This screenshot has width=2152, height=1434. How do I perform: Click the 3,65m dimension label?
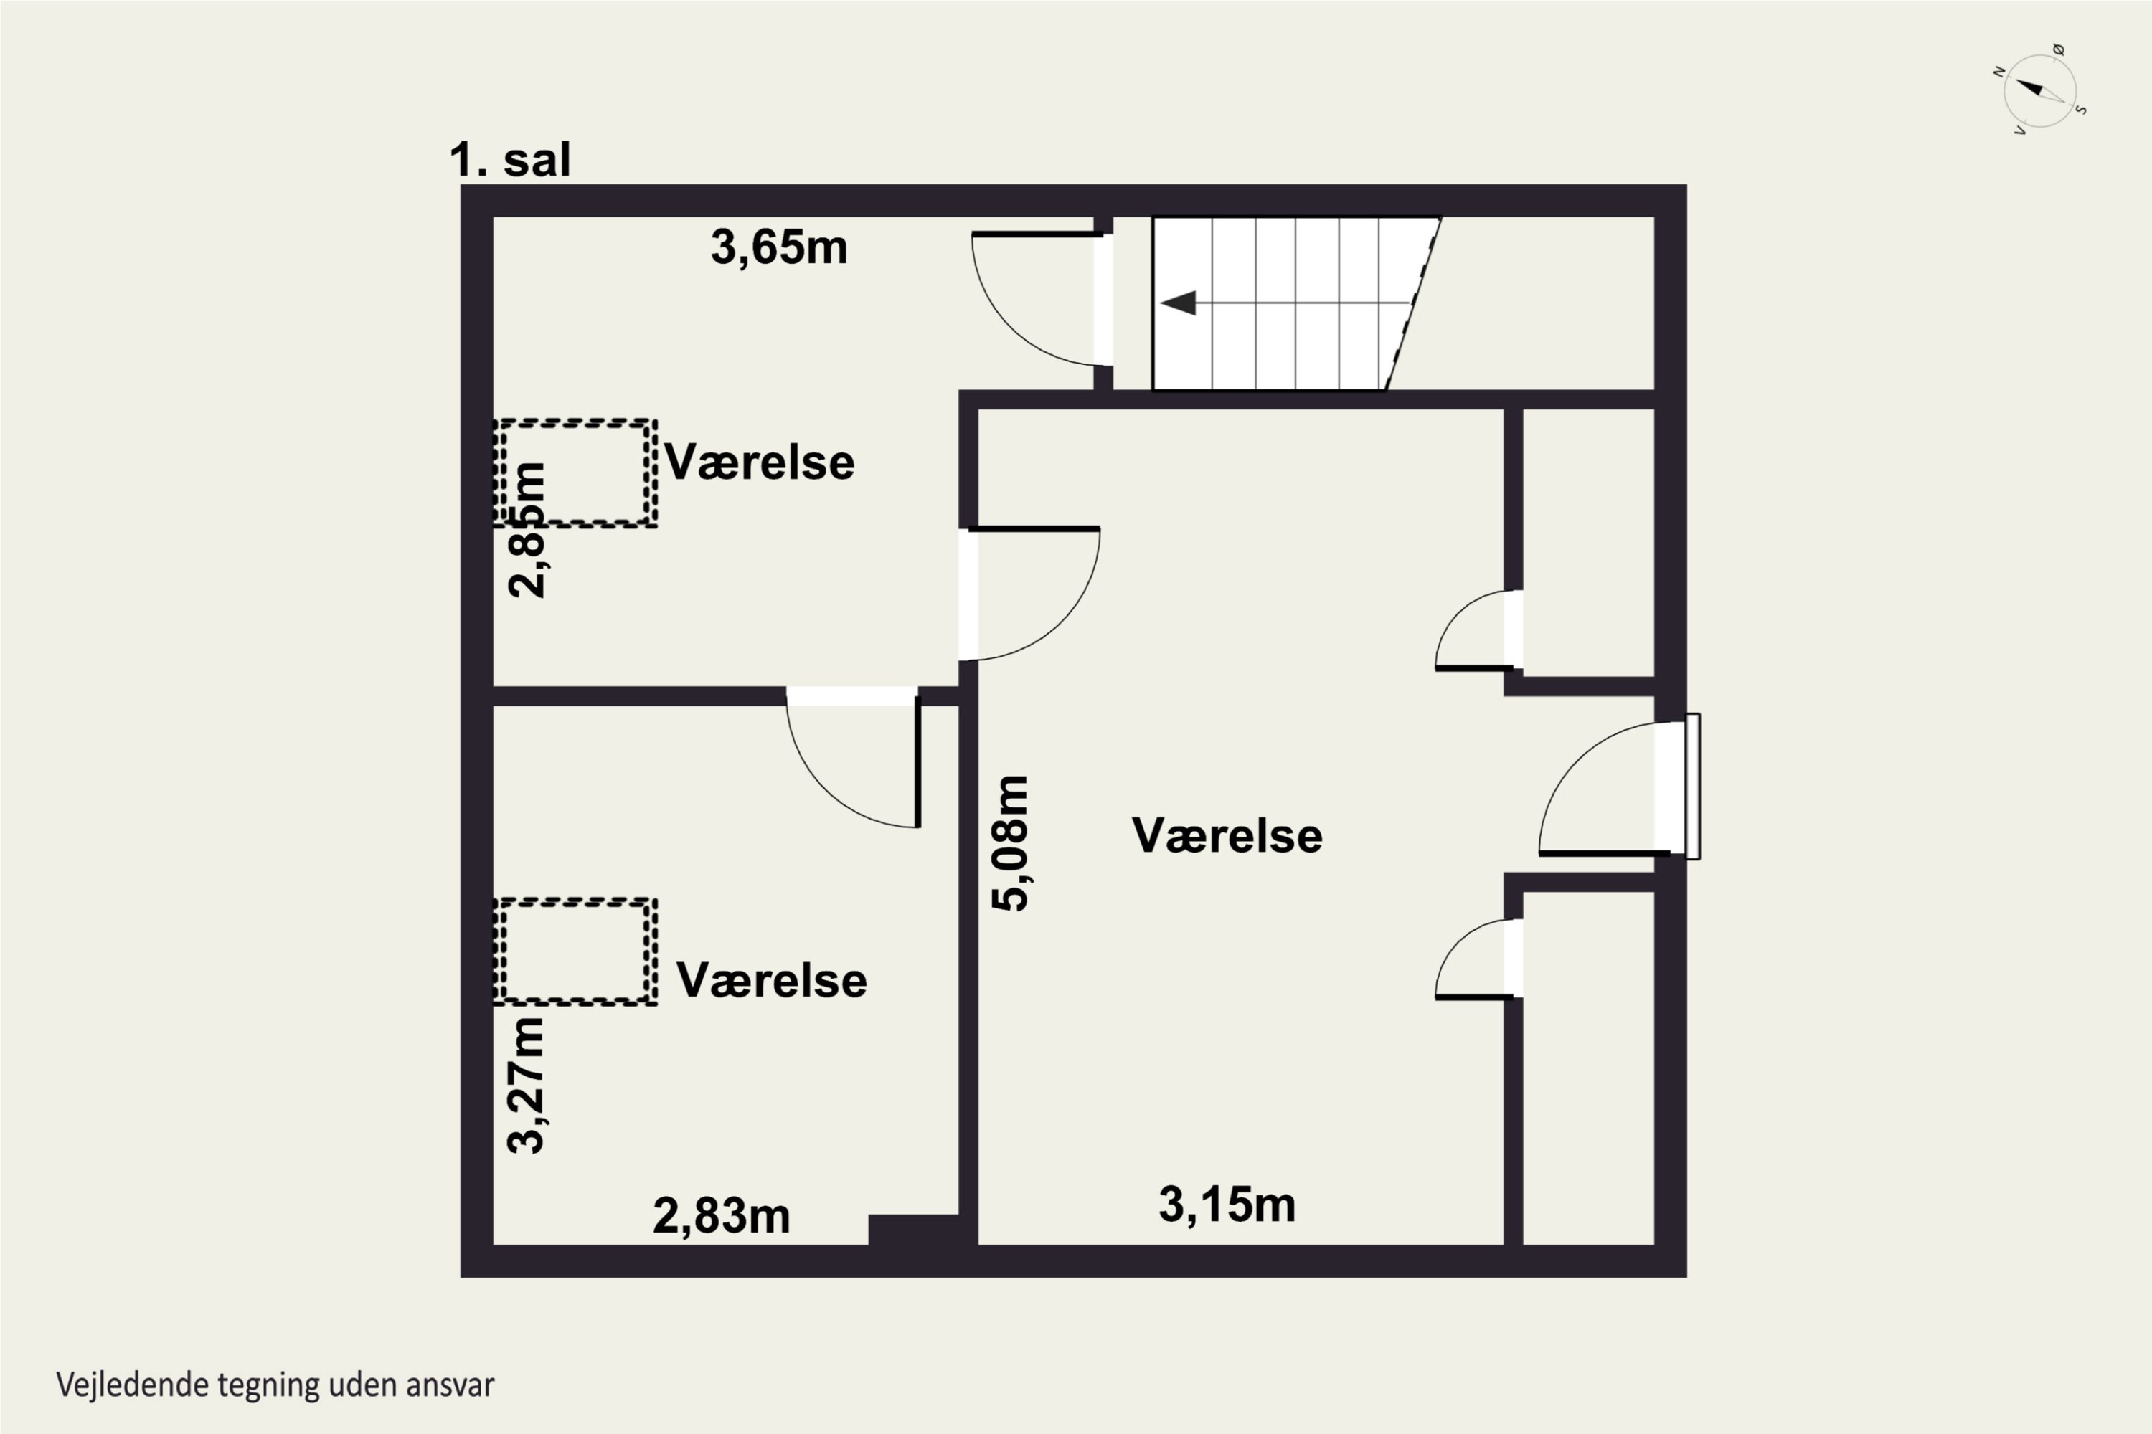pyautogui.click(x=778, y=248)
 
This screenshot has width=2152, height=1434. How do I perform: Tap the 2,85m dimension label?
pyautogui.click(x=527, y=531)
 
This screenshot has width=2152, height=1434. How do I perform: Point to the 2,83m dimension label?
pyautogui.click(x=721, y=1216)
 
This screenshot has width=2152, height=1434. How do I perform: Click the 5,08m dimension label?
pyautogui.click(x=1011, y=843)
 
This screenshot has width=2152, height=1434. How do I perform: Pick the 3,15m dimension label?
pyautogui.click(x=1227, y=1205)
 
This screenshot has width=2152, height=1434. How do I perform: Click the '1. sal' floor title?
pyautogui.click(x=509, y=160)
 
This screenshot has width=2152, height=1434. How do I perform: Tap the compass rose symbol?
pyautogui.click(x=2039, y=90)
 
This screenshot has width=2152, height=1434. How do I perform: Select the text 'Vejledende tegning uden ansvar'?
pyautogui.click(x=275, y=1385)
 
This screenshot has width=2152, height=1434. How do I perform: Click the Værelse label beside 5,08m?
pyautogui.click(x=1227, y=835)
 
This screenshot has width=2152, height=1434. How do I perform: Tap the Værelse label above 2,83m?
pyautogui.click(x=771, y=980)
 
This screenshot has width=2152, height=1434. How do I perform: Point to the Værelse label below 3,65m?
pyautogui.click(x=760, y=462)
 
